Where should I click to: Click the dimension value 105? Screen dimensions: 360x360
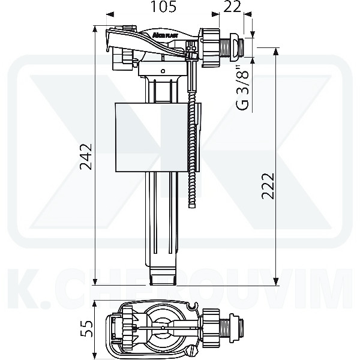(163, 8)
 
